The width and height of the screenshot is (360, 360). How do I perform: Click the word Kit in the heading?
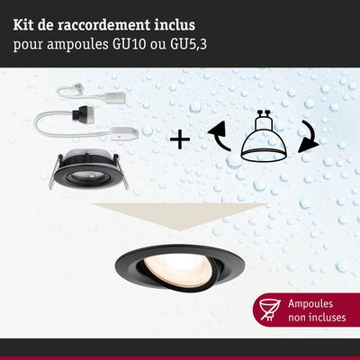pos(23,25)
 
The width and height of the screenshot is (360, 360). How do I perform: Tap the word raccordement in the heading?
pos(103,25)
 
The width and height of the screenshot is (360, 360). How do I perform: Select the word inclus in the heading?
pos(175,25)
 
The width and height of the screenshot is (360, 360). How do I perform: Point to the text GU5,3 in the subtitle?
pos(188,45)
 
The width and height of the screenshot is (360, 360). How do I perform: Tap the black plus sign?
pos(180,139)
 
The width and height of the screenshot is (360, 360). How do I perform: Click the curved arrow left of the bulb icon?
pos(219,135)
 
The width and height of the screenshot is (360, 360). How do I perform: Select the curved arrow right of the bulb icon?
pos(308,137)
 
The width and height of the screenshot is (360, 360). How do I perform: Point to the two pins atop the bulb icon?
pos(264,114)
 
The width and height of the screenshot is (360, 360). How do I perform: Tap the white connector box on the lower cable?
pos(124,133)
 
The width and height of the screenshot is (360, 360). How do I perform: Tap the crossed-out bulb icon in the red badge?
pos(270,310)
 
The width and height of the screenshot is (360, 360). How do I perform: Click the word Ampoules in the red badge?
pos(310,303)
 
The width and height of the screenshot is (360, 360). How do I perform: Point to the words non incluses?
pos(317,318)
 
